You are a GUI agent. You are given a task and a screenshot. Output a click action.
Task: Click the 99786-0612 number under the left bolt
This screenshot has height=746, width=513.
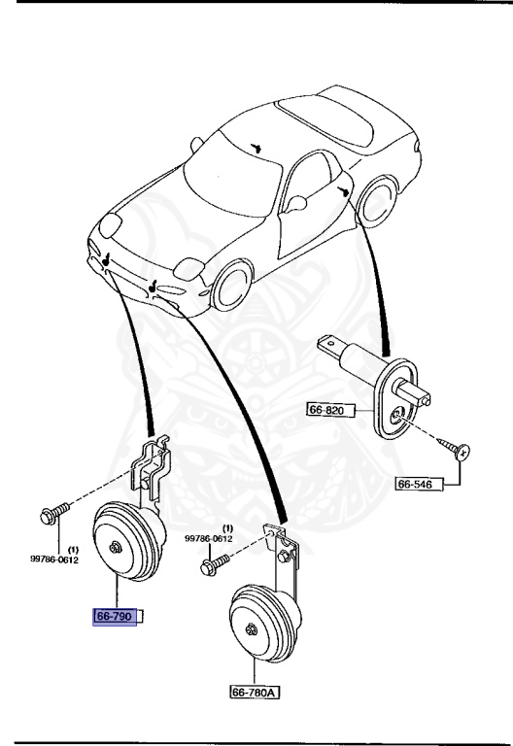click(x=55, y=559)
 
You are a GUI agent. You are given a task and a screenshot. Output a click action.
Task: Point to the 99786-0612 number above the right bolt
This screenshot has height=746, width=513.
click(x=209, y=537)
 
